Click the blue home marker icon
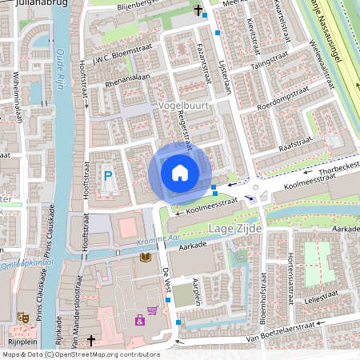[x=180, y=172]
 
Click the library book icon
[x=146, y=257]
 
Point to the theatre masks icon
[x=24, y=317]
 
